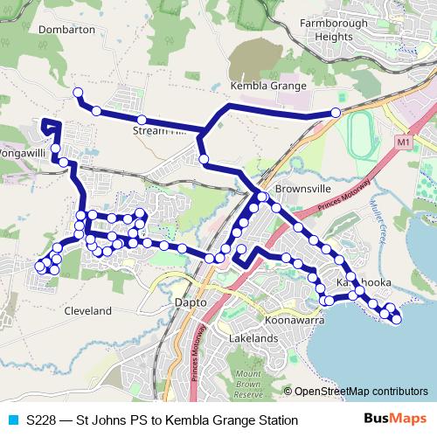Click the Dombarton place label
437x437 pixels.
67,29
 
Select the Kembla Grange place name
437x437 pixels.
267,87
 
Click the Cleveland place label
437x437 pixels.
88,310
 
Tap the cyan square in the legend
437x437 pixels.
11,420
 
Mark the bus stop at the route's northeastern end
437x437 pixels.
336,113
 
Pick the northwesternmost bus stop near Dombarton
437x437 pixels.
77,93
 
